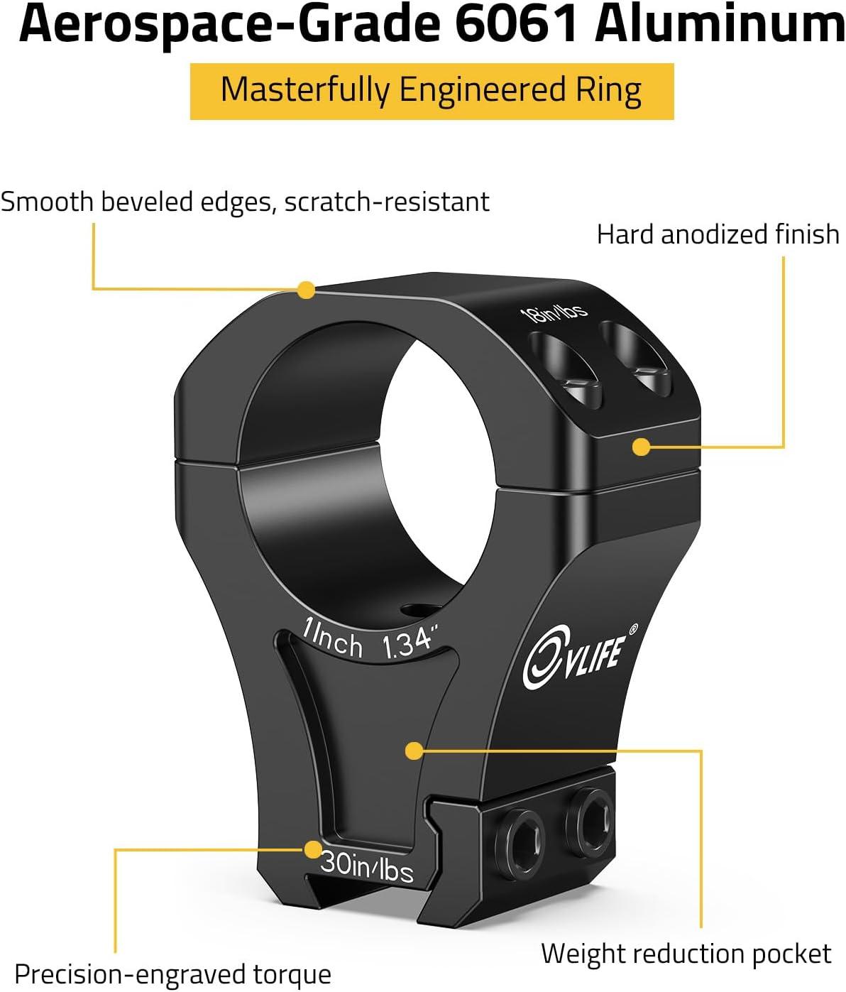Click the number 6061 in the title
(515, 24)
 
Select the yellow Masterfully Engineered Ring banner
(432, 91)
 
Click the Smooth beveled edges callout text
(245, 202)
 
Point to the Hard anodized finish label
(718, 234)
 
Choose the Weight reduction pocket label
(686, 954)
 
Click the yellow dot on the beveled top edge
(306, 290)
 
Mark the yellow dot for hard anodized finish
(641, 447)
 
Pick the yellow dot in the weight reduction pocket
(414, 751)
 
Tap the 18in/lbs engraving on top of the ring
(554, 313)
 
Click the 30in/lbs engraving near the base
(367, 870)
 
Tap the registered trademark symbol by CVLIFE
(633, 628)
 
